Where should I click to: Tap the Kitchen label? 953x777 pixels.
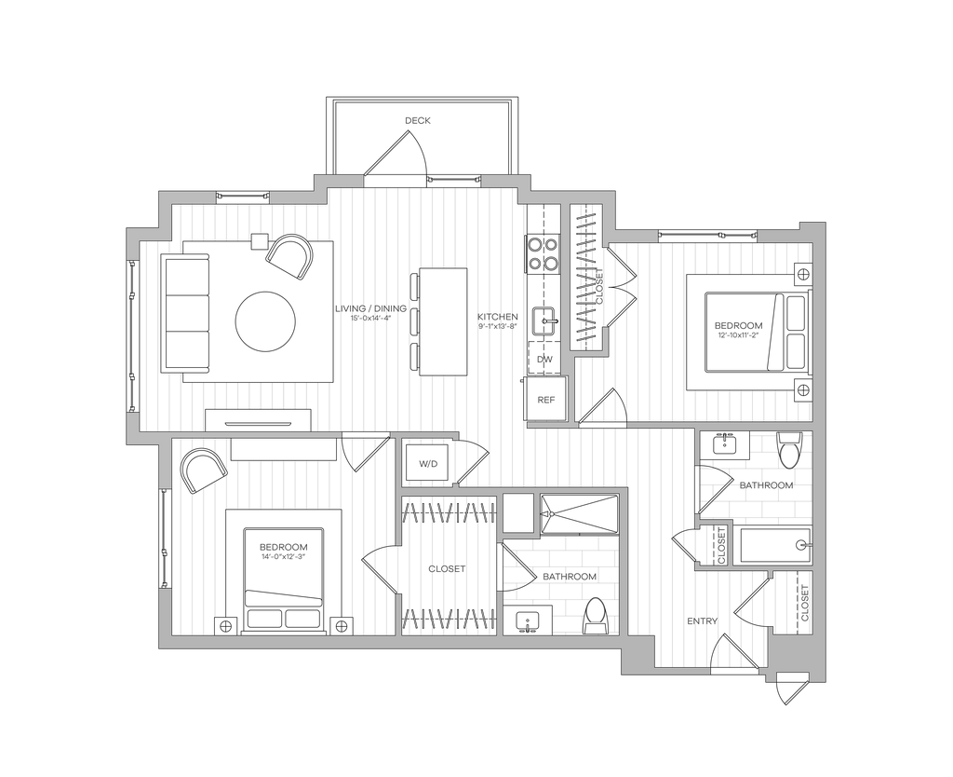(x=497, y=322)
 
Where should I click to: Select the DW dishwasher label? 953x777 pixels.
(x=544, y=359)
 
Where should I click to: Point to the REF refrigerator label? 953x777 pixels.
(x=545, y=400)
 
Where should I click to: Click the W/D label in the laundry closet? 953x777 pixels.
(x=427, y=463)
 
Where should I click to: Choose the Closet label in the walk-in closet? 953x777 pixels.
(x=446, y=568)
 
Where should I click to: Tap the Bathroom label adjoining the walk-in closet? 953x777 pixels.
(x=569, y=576)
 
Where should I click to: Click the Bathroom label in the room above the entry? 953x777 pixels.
(x=765, y=485)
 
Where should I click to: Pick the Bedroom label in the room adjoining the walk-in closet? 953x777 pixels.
(x=283, y=552)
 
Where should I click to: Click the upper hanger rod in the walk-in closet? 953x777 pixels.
(x=447, y=512)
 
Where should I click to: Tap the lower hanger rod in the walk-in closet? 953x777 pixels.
(x=447, y=619)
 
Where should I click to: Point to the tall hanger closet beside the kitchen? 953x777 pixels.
(x=587, y=278)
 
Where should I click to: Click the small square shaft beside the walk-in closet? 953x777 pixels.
(x=518, y=515)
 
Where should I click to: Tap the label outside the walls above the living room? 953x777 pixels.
(x=419, y=121)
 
